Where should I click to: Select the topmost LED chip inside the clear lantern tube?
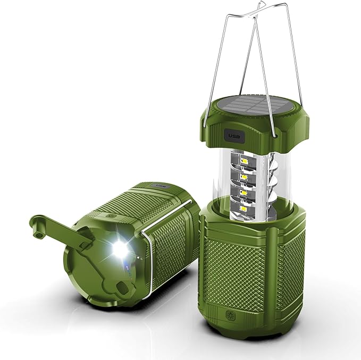(246, 161)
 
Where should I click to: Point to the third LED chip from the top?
(245, 192)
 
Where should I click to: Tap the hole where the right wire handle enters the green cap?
(275, 135)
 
